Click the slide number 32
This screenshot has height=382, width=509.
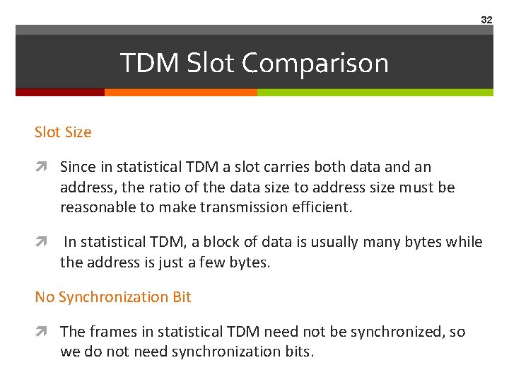point(486,20)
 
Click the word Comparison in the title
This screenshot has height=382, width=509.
point(315,64)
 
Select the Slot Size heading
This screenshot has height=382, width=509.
point(63,132)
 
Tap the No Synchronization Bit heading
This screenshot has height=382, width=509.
point(113,297)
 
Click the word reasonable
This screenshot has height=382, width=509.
point(95,207)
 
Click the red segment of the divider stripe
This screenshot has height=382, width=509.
point(60,92)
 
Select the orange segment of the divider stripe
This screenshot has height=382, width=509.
point(180,92)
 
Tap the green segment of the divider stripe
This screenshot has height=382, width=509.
point(375,92)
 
